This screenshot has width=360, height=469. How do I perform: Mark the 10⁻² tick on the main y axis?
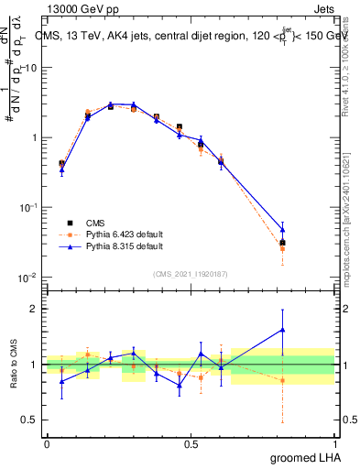coord(28,278)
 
